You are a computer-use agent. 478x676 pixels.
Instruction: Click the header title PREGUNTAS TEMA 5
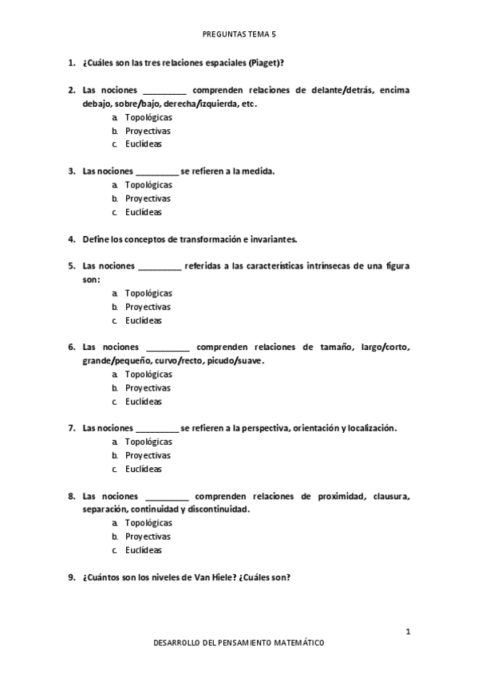pyautogui.click(x=239, y=35)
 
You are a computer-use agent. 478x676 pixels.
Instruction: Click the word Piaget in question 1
pyautogui.click(x=263, y=62)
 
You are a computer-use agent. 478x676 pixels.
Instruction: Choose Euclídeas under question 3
pyautogui.click(x=144, y=212)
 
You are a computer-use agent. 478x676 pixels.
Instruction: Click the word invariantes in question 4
pyautogui.click(x=271, y=239)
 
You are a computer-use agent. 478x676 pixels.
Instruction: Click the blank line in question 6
pyautogui.click(x=167, y=348)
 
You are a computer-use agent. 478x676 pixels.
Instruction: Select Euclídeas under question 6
pyautogui.click(x=144, y=401)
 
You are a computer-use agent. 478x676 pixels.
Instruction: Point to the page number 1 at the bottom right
pyautogui.click(x=408, y=632)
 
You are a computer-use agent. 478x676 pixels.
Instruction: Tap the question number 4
pyautogui.click(x=70, y=239)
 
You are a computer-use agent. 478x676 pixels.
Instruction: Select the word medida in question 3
pyautogui.click(x=258, y=171)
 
